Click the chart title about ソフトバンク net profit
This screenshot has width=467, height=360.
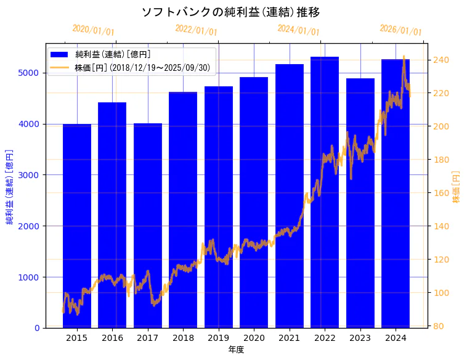click(230, 12)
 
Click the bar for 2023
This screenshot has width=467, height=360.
click(360, 203)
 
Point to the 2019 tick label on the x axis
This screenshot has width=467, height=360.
click(219, 338)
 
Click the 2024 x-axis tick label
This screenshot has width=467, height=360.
click(396, 338)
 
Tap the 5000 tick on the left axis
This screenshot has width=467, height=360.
click(32, 73)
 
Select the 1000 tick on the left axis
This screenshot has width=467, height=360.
click(32, 277)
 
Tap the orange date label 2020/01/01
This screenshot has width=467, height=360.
click(93, 30)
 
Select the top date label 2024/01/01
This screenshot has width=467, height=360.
click(298, 30)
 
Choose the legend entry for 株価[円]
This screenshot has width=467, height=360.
click(142, 67)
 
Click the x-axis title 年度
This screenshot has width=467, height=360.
click(236, 350)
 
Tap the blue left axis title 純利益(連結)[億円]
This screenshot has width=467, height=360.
click(10, 186)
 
